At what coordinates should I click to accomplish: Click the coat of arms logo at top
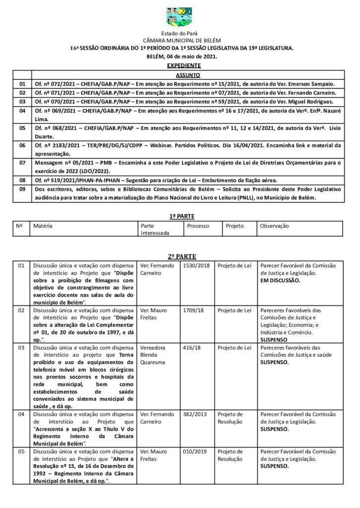pyautogui.click(x=179, y=17)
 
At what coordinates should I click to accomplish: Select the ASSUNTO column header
pyautogui.click(x=188, y=75)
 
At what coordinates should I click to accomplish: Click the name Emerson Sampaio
pyautogui.click(x=310, y=84)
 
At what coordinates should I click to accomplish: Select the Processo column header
pyautogui.click(x=198, y=226)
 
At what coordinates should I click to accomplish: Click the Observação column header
pyautogui.click(x=274, y=226)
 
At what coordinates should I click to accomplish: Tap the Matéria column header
pyautogui.click(x=43, y=226)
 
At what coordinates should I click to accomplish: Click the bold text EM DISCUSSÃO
pyautogui.click(x=280, y=280)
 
